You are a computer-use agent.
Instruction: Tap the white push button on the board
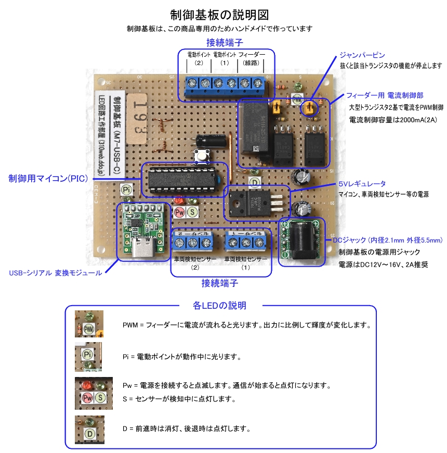(x=200, y=155)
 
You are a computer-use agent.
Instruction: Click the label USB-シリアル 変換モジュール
(x=56, y=273)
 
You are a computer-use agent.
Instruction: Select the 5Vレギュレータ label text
(x=362, y=184)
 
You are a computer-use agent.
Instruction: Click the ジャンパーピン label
(x=362, y=55)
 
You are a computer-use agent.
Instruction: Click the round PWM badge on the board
(x=297, y=97)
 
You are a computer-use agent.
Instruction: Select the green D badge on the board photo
(x=254, y=182)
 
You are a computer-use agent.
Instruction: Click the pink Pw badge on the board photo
(x=180, y=211)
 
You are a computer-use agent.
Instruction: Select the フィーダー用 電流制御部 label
(x=385, y=95)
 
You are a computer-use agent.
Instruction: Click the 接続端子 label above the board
(x=225, y=42)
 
